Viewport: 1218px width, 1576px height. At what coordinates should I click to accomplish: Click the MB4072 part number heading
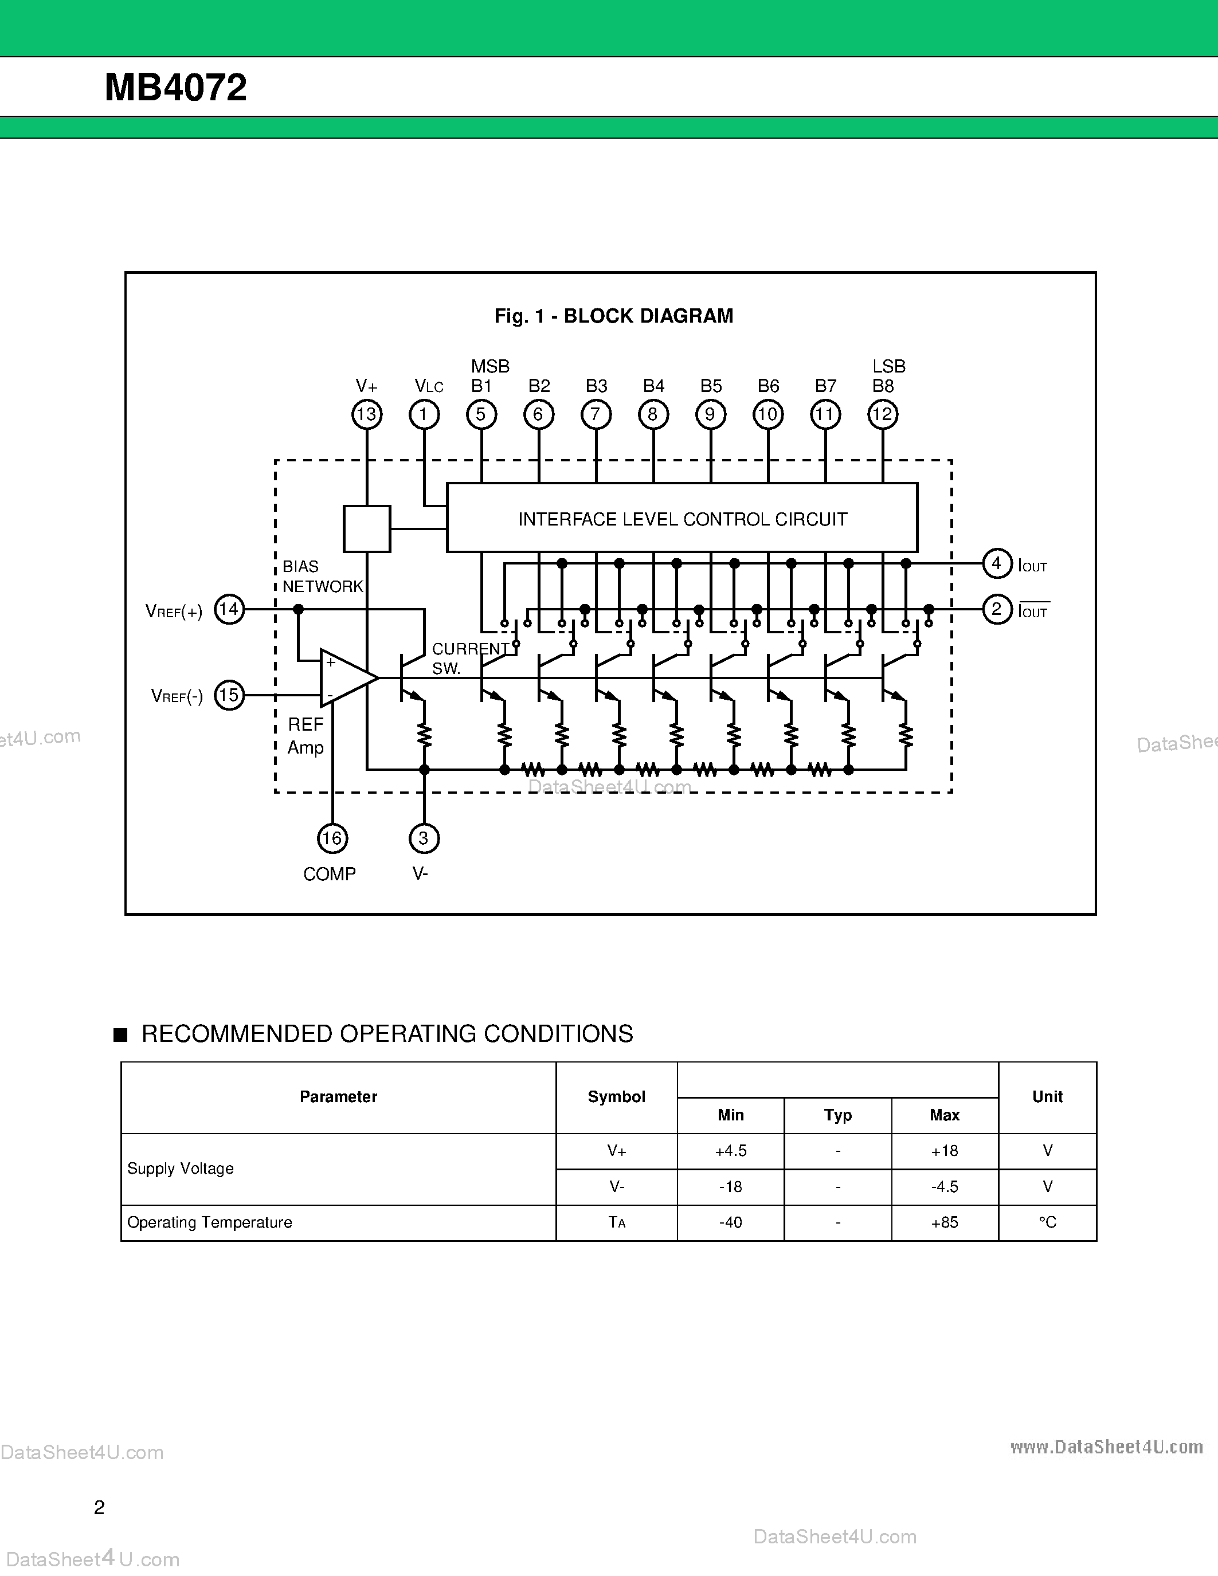click(175, 87)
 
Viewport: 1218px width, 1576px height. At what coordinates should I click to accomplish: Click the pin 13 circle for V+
click(367, 414)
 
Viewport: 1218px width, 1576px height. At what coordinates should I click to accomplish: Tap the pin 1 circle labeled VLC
click(424, 414)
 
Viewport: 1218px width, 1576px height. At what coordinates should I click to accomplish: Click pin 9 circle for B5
click(711, 414)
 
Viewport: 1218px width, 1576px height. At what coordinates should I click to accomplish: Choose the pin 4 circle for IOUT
click(997, 563)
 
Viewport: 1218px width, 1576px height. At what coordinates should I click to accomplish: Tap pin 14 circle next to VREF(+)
click(229, 609)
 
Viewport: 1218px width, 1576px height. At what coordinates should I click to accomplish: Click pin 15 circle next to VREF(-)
click(229, 695)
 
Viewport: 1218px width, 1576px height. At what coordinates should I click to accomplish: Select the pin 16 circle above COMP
click(332, 838)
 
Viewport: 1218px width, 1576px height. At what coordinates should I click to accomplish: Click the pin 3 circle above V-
click(424, 838)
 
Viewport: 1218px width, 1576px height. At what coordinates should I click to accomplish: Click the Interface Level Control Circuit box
click(682, 518)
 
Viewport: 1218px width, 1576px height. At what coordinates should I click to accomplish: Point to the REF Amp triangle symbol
click(345, 677)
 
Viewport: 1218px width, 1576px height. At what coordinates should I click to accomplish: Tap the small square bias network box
click(367, 529)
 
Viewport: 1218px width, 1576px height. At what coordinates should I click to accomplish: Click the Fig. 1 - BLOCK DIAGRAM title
click(613, 316)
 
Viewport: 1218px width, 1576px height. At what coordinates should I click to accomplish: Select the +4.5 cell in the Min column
click(730, 1151)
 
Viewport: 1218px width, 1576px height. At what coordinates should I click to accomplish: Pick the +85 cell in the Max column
click(945, 1222)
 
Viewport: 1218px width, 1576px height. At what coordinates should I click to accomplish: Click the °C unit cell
click(1047, 1222)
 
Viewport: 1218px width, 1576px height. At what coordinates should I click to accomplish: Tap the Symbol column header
click(616, 1097)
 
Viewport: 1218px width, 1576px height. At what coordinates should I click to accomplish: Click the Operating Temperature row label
click(209, 1222)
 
